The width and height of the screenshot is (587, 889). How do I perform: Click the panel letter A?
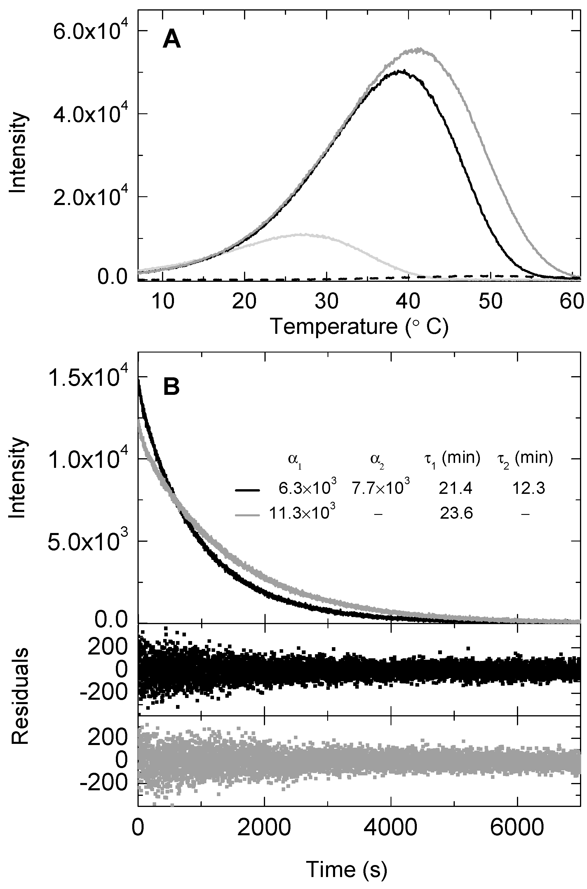tap(171, 40)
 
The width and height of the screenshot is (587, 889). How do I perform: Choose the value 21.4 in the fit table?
tap(456, 488)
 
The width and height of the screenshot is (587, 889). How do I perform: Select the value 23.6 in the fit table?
tap(456, 513)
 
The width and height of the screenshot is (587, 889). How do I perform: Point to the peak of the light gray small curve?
tap(301, 235)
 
